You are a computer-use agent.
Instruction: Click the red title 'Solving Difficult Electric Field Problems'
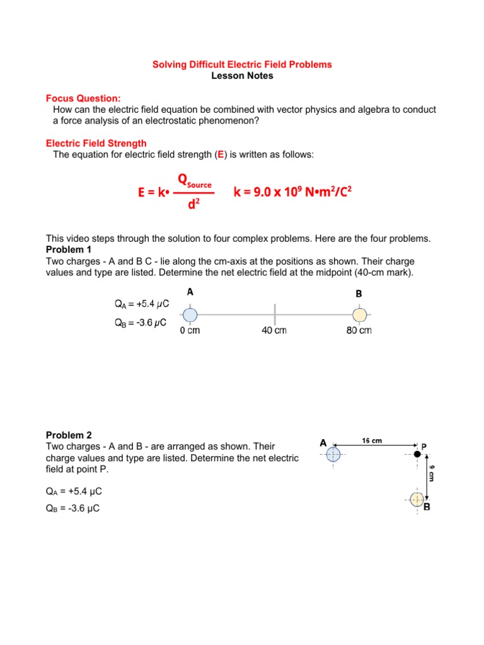(243, 65)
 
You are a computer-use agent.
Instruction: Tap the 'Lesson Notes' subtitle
(243, 76)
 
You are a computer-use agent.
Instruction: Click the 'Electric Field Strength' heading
(96, 144)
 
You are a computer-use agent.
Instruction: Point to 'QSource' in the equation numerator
(195, 182)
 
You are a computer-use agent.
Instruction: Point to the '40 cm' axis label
(274, 331)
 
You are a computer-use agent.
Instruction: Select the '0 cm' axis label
(190, 331)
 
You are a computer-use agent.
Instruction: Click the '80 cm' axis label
(359, 331)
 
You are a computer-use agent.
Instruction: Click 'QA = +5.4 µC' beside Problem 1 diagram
(141, 304)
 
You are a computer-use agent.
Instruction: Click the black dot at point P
(417, 454)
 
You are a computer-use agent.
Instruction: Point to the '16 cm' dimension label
(372, 441)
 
